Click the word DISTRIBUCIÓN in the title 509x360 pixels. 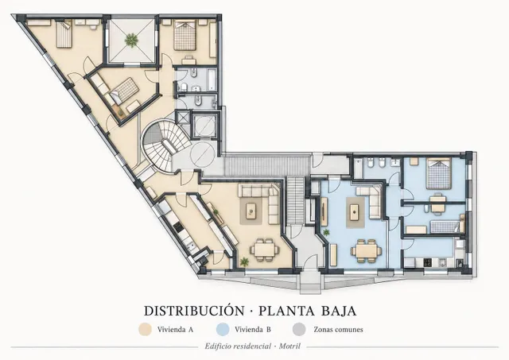pos(194,311)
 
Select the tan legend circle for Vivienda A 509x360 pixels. pos(145,330)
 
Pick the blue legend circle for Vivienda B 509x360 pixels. pos(223,330)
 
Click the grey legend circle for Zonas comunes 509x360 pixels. pos(299,330)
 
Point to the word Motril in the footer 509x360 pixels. pos(289,346)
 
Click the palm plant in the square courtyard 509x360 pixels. pos(131,41)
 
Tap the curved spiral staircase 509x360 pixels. pos(166,146)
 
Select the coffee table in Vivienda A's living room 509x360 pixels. pos(251,211)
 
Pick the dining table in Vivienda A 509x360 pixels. pos(264,250)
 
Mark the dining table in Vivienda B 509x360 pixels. pos(366,251)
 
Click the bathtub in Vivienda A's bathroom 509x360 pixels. pos(212,79)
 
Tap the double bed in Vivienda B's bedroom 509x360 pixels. pos(439,174)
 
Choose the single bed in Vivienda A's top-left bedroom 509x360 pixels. pos(64,33)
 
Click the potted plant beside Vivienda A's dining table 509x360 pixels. pos(243,261)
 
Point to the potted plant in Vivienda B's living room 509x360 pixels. pos(326,232)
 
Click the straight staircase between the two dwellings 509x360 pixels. pos(295,200)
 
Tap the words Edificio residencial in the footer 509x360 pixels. pos(238,346)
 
